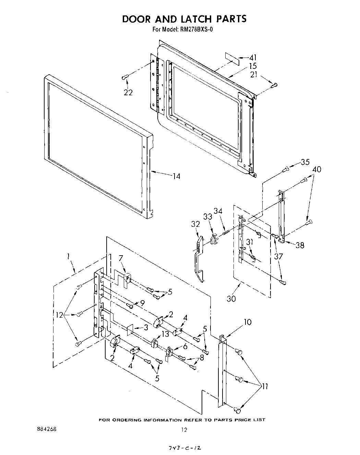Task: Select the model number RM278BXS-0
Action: pyautogui.click(x=196, y=29)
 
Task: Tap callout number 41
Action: pyautogui.click(x=253, y=58)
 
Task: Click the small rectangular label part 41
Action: pyautogui.click(x=232, y=58)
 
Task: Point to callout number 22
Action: pyautogui.click(x=128, y=92)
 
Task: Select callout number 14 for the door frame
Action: pyautogui.click(x=176, y=176)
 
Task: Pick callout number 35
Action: pyautogui.click(x=305, y=162)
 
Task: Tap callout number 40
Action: pyautogui.click(x=317, y=169)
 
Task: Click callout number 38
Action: pyautogui.click(x=300, y=245)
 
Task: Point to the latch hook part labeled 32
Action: pyautogui.click(x=199, y=257)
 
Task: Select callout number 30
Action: pyautogui.click(x=231, y=298)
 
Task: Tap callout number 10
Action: pyautogui.click(x=248, y=322)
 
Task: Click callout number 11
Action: pyautogui.click(x=265, y=386)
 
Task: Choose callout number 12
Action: pyautogui.click(x=60, y=315)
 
